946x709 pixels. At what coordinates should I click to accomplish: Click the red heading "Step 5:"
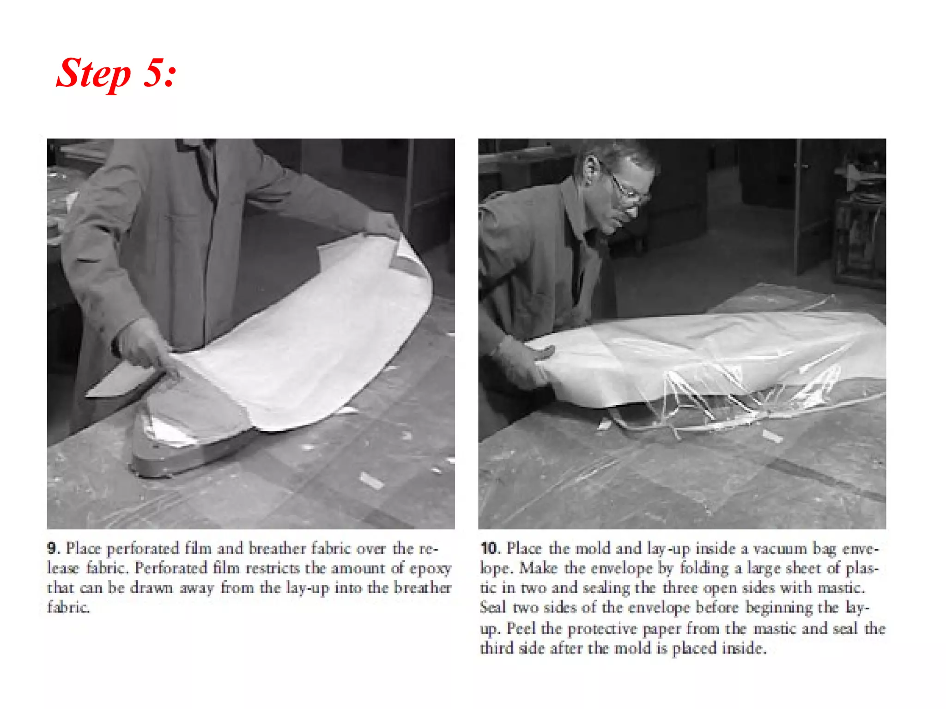click(x=116, y=73)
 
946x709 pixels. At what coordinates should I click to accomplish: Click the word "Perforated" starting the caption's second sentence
click(x=170, y=568)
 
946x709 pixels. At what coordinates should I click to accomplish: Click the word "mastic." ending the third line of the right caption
click(x=841, y=588)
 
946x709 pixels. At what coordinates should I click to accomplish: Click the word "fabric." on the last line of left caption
click(x=68, y=607)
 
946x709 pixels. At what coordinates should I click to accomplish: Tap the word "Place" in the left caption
click(x=84, y=549)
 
